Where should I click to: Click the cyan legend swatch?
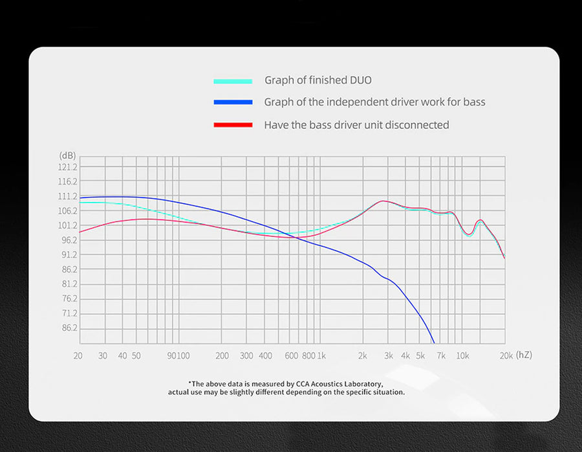tap(233, 81)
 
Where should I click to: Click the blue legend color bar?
tap(233, 102)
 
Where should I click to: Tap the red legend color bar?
tap(233, 125)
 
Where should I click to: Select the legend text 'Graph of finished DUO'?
tap(318, 80)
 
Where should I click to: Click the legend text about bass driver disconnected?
tap(356, 125)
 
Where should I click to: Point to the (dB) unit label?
tap(67, 155)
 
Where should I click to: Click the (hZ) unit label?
tap(524, 355)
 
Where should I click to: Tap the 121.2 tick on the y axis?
tap(67, 167)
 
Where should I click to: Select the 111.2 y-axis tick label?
tap(67, 197)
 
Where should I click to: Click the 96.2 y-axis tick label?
tap(69, 240)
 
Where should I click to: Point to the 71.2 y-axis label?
tap(69, 313)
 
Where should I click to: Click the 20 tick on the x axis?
tap(78, 356)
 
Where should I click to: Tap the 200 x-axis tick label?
tap(222, 356)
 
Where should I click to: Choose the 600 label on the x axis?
tap(292, 356)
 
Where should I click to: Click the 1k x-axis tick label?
tap(321, 356)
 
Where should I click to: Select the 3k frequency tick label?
tap(389, 356)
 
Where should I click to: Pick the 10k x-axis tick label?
tap(463, 356)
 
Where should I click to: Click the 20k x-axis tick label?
tap(506, 356)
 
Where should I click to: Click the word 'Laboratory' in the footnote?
tap(363, 384)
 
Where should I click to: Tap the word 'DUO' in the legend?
tap(360, 80)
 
